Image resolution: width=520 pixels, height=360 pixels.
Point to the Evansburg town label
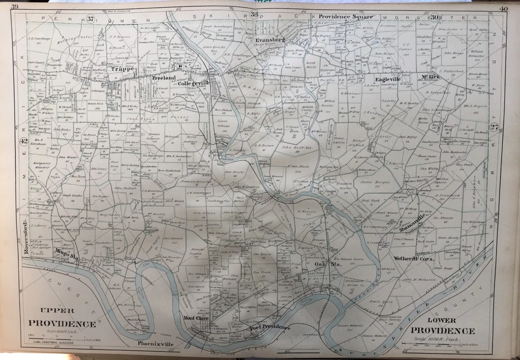pyautogui.click(x=270, y=40)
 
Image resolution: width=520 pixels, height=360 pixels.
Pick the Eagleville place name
pyautogui.click(x=384, y=78)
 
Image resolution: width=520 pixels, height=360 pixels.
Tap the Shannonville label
pyautogui.click(x=411, y=222)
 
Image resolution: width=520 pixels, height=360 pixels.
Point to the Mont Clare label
pyautogui.click(x=196, y=318)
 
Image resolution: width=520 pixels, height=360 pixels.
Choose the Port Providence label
pyautogui.click(x=269, y=328)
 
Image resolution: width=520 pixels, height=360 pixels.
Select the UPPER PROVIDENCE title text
pyautogui.click(x=62, y=318)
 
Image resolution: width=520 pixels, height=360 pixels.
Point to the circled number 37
pyautogui.click(x=90, y=19)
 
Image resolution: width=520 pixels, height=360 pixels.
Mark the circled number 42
pyautogui.click(x=23, y=141)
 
